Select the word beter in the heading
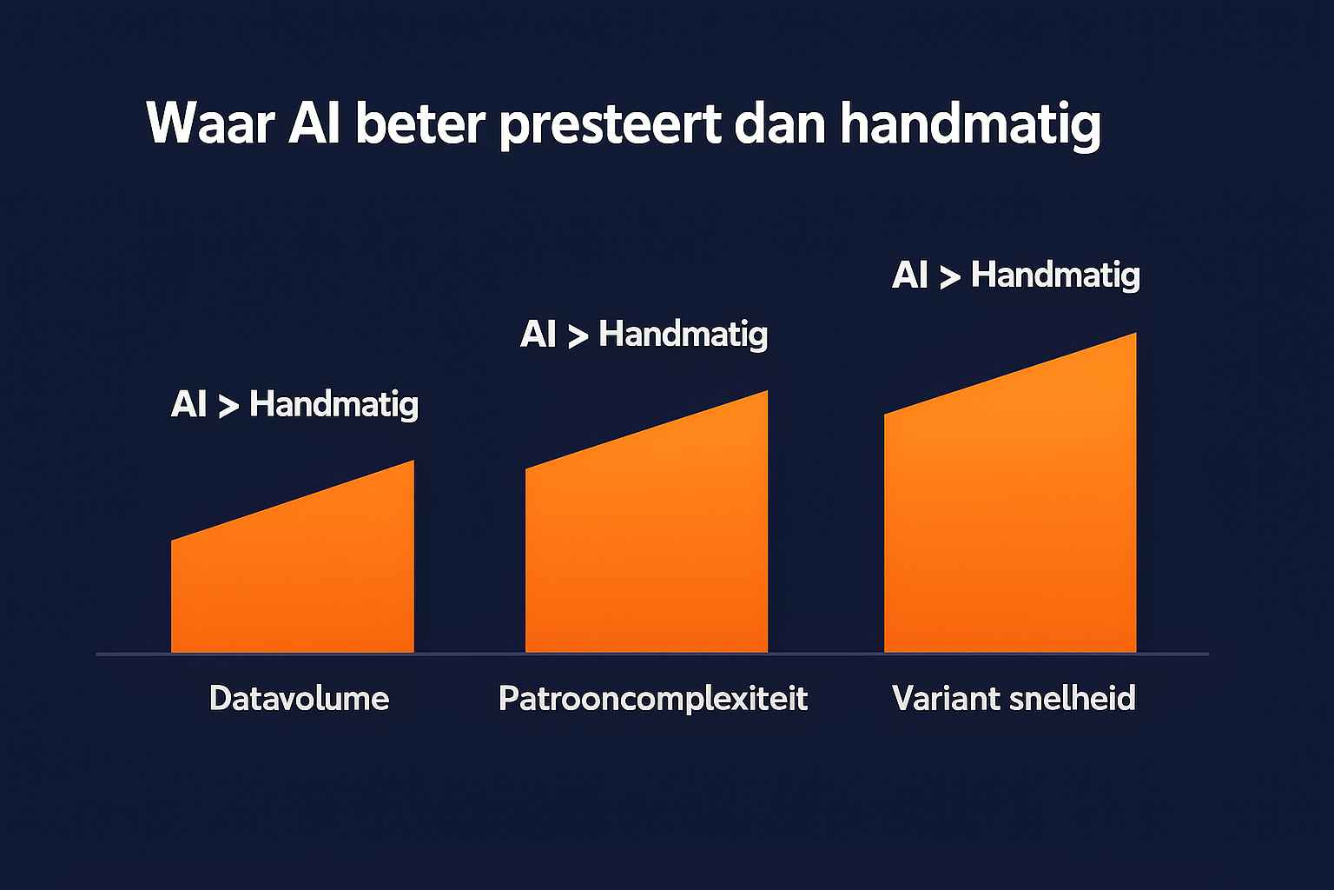coord(419,123)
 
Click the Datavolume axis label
coord(299,699)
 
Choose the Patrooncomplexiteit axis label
coord(653,699)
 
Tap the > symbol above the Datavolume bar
coord(228,406)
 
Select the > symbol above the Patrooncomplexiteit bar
coord(577,336)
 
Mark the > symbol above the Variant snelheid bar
coord(949,277)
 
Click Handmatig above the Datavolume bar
coord(333,405)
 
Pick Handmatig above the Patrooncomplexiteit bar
coord(683,335)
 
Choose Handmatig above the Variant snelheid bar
coord(1055,276)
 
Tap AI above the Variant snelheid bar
coord(909,276)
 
